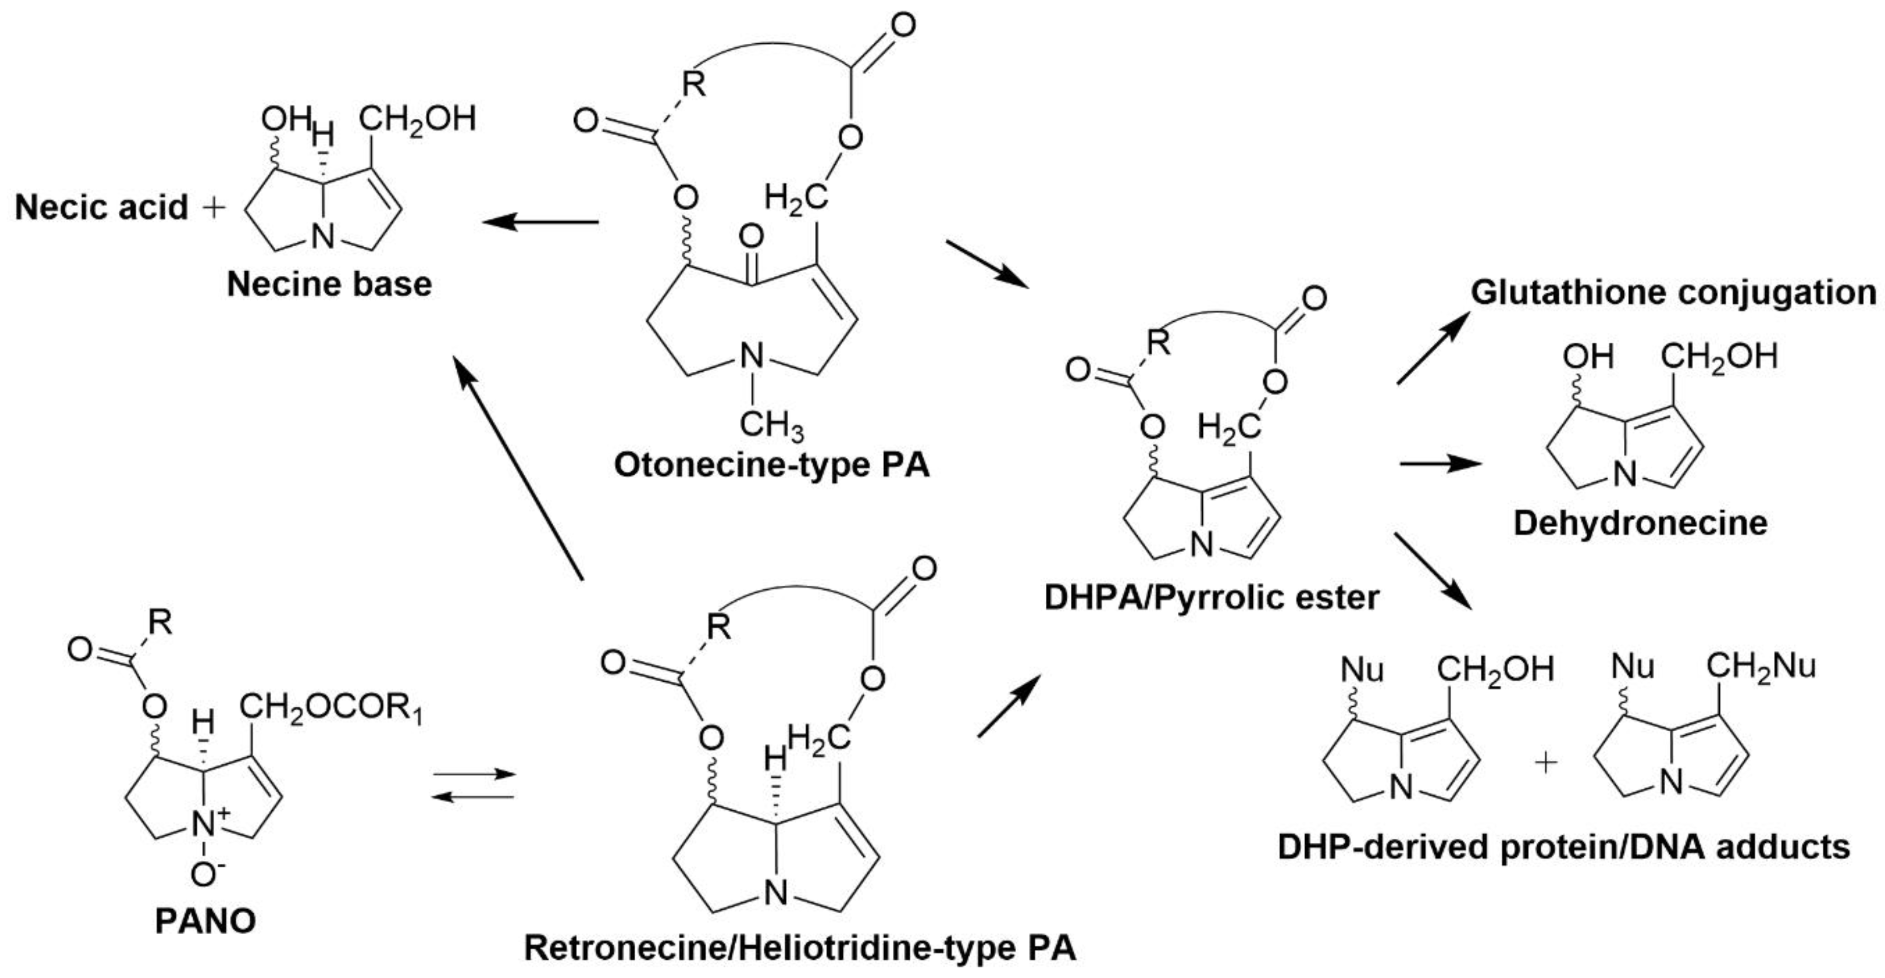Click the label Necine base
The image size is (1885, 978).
329,284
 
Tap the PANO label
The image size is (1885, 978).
205,921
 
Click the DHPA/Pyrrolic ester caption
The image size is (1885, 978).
1211,597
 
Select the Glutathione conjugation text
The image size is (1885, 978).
1673,292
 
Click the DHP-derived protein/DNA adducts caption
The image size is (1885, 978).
1564,847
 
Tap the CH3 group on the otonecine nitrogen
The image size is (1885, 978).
771,425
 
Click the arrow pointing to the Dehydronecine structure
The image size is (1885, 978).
1440,464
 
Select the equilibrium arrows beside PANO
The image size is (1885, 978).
474,785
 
